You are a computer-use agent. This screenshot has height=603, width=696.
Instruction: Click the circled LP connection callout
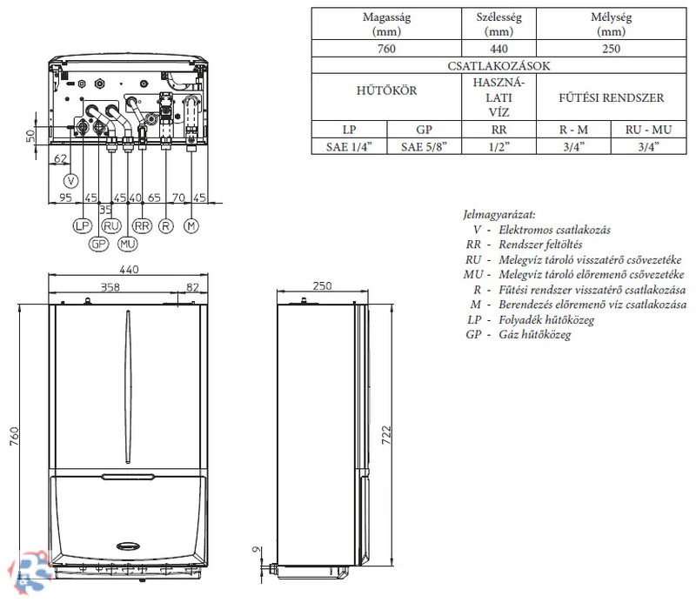(84, 226)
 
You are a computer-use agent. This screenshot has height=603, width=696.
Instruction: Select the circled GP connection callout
(98, 244)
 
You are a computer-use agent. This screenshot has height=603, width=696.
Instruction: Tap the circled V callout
(71, 180)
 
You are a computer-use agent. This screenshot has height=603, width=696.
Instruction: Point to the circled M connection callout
(191, 226)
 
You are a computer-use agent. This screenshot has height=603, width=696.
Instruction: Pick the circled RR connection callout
(144, 226)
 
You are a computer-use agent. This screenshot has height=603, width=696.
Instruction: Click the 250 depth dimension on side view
(322, 285)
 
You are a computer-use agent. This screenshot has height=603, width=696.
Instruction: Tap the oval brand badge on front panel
(131, 546)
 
